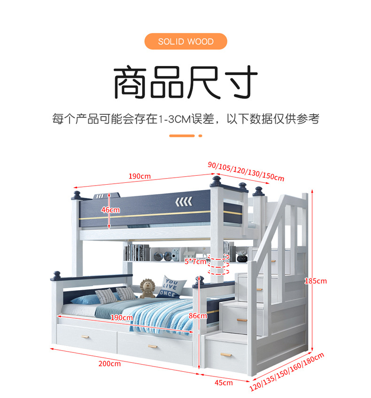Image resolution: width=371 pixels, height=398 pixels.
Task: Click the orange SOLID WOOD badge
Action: [185, 42]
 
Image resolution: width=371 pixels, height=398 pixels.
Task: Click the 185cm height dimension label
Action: [315, 281]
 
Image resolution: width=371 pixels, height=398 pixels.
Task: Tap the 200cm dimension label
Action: [109, 364]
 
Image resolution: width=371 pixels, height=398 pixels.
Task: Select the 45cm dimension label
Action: [224, 383]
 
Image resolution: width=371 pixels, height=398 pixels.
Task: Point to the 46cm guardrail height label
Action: [111, 210]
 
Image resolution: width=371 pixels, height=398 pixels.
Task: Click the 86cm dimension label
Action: [198, 315]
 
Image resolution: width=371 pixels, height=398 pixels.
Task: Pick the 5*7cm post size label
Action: [194, 262]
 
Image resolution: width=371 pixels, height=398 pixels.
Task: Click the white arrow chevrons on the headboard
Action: [183, 202]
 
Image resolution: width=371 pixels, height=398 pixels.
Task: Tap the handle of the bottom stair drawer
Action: [230, 355]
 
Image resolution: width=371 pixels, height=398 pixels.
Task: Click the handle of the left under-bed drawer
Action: [85, 337]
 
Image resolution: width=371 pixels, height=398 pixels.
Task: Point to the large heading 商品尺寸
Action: [185, 83]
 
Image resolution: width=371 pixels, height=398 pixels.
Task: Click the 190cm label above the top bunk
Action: [139, 176]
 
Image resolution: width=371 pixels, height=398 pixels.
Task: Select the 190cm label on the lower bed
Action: [122, 318]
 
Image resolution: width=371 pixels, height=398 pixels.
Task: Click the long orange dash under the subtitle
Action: [182, 135]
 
